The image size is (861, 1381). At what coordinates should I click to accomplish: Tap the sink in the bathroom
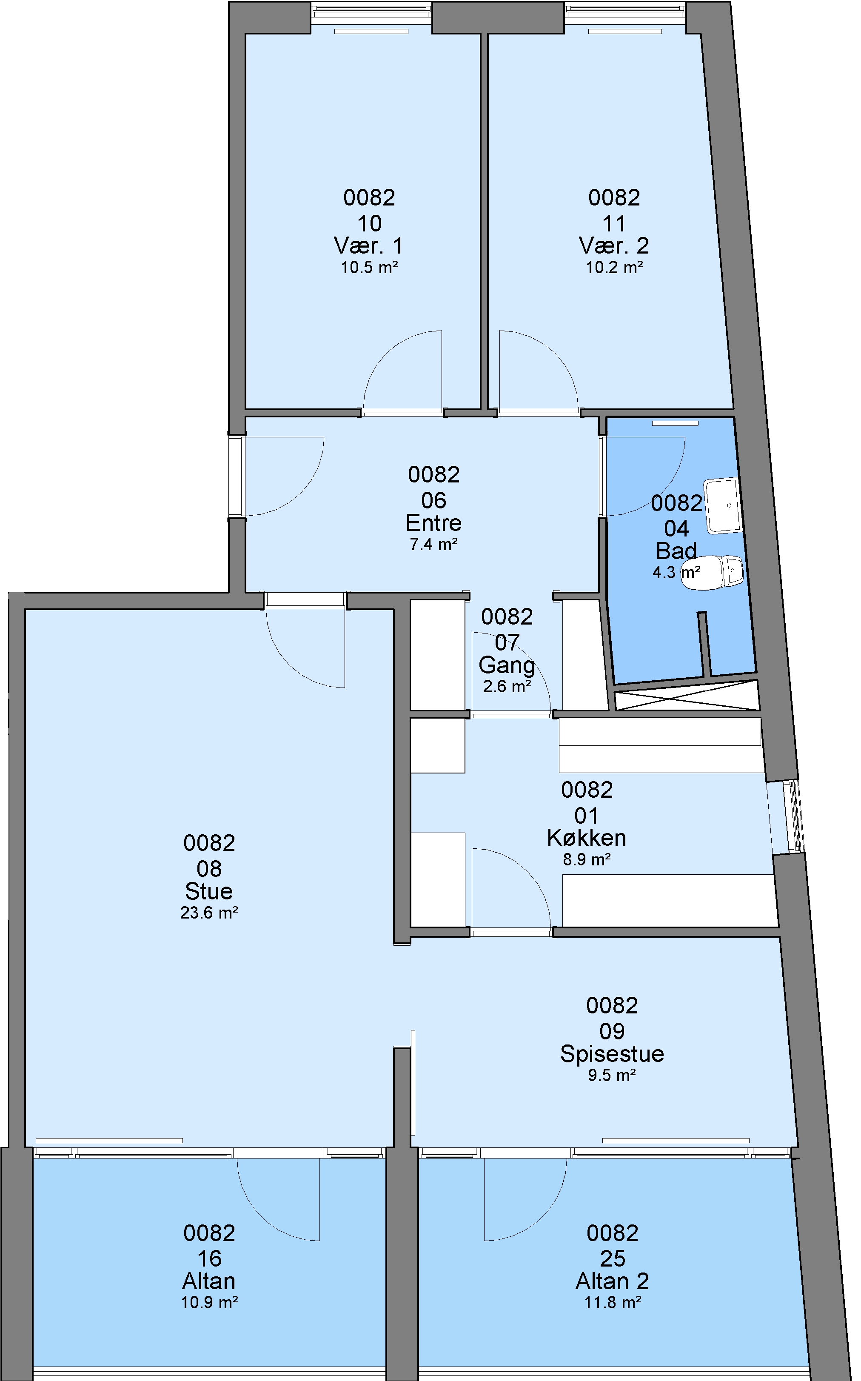(723, 506)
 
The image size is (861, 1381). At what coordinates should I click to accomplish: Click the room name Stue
(209, 891)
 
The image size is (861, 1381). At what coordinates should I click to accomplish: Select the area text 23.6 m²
(209, 913)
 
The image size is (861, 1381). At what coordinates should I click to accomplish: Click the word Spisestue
(612, 1054)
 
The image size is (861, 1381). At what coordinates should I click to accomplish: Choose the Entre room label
(434, 523)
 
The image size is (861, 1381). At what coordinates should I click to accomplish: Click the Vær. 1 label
(369, 246)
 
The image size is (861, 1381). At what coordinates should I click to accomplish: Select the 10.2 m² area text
(614, 268)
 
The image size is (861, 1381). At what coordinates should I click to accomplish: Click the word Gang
(507, 665)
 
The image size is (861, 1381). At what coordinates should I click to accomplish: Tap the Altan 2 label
(613, 1281)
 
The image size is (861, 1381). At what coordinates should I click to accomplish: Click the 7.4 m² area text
(434, 545)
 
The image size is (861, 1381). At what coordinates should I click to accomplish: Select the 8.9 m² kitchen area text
(587, 859)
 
